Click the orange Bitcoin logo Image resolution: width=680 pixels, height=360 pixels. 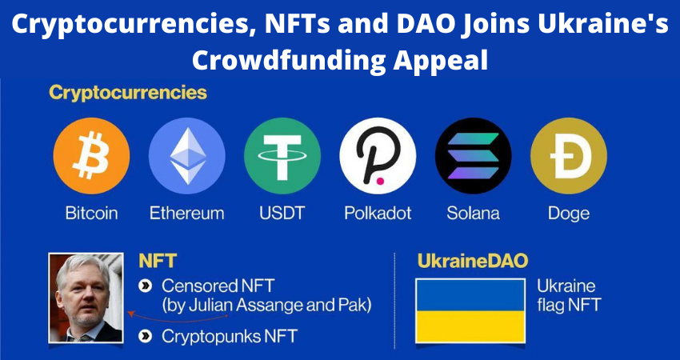[x=91, y=156]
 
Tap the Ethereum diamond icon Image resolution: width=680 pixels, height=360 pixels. [x=187, y=156]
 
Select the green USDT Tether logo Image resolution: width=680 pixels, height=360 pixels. [x=282, y=156]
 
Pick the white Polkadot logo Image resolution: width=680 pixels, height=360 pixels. [x=378, y=156]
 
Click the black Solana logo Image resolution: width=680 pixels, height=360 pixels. [x=473, y=156]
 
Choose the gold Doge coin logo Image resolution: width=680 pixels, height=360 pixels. [x=569, y=156]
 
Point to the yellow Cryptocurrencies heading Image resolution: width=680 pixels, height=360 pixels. [x=128, y=94]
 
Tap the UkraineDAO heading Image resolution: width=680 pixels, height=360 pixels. [x=473, y=261]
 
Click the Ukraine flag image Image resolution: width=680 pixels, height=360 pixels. [x=470, y=311]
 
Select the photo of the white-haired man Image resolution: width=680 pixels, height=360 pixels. [x=86, y=298]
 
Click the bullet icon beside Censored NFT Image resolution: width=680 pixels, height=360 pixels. [x=146, y=286]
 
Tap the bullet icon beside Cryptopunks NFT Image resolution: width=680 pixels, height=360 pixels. [x=146, y=336]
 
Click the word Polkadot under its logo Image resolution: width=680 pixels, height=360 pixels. [x=378, y=214]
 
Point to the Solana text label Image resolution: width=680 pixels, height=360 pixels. [x=473, y=214]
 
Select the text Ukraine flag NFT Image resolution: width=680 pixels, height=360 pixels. [x=569, y=296]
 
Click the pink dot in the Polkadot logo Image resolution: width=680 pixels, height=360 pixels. [x=380, y=180]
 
